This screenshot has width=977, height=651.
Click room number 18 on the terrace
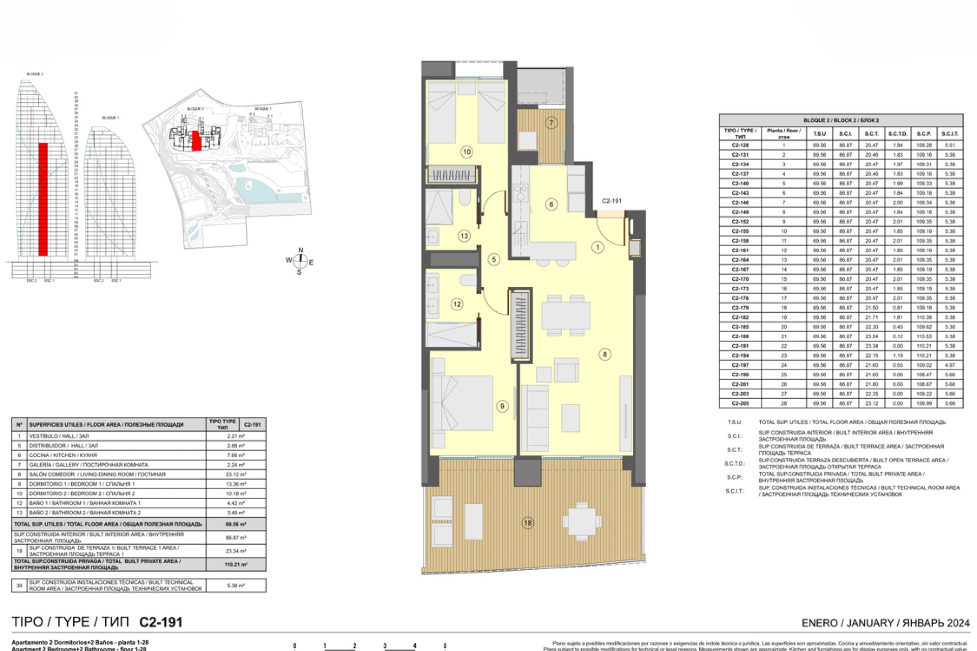pos(528,522)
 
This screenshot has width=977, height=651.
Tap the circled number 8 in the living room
pos(605,354)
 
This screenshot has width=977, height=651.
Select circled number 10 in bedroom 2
pos(466,152)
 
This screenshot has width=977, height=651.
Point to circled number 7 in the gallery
pos(551,123)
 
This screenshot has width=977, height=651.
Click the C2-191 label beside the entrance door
pos(611,201)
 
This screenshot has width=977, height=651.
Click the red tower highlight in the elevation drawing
pos(43,198)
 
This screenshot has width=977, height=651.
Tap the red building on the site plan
pos(196,141)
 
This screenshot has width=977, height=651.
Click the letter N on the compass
pos(301,250)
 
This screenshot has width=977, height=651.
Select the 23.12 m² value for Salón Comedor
pos(236,475)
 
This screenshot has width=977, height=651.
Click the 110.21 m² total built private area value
pos(236,565)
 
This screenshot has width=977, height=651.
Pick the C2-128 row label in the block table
pos(740,145)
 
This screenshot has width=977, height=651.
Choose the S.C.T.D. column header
pos(898,134)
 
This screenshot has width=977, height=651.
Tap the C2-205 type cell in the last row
pos(740,403)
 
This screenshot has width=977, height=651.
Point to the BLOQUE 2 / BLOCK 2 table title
pos(841,121)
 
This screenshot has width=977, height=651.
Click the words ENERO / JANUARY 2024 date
pos(885,623)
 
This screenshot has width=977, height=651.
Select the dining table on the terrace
pos(582,521)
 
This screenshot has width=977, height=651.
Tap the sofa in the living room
pos(534,418)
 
